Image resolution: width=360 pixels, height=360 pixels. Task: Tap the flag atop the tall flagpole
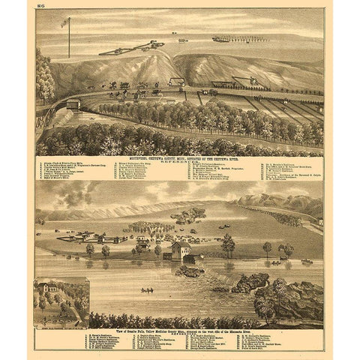tap(64, 22)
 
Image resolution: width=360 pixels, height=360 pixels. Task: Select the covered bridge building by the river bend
tap(73, 104)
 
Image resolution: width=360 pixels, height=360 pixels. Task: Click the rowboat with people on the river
tap(147, 289)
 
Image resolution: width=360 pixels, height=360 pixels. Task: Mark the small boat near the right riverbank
tap(306, 261)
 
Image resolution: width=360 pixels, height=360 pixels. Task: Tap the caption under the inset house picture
tap(61, 318)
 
